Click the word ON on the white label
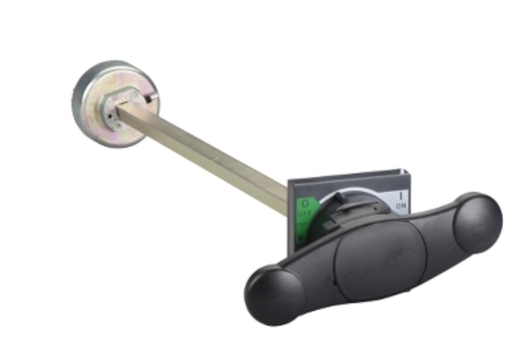[x=401, y=205]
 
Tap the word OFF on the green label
[x=305, y=213]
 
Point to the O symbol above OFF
[x=306, y=204]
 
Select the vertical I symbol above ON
[x=401, y=196]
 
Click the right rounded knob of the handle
[x=477, y=223]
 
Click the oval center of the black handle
[x=381, y=260]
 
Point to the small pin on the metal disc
[x=150, y=98]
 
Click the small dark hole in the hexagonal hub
[x=110, y=116]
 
